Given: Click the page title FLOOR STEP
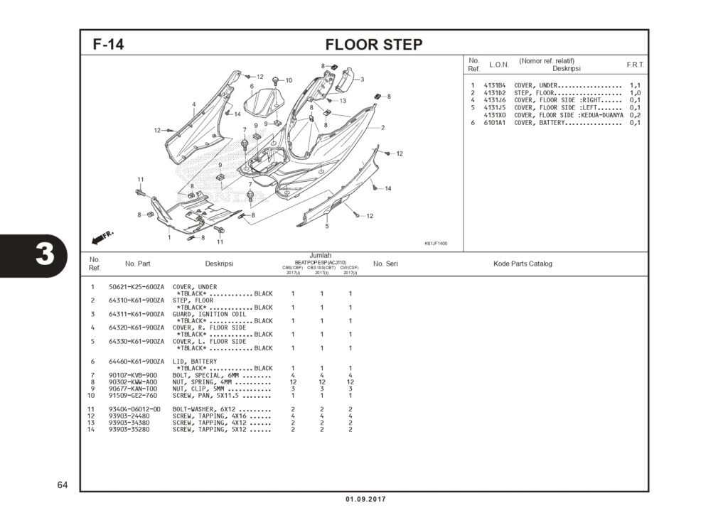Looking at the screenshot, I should pos(374,45).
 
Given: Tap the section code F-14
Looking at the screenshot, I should pos(108,45).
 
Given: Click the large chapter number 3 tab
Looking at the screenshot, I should pos(45,254).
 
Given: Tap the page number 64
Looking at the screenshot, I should pos(63,485).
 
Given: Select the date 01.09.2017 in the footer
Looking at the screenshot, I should pos(365,499).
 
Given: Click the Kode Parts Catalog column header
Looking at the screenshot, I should pos(523,264).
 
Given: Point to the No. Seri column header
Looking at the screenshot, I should pos(385,264).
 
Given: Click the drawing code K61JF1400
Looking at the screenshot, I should pos(436,244).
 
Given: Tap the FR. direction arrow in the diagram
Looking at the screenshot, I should pos(102,236).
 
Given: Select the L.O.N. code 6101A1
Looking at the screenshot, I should pos(494,123).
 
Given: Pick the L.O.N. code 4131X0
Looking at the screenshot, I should pos(494,115).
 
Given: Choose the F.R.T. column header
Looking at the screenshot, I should pos(635,65).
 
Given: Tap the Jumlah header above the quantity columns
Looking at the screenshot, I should pos(321,255).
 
